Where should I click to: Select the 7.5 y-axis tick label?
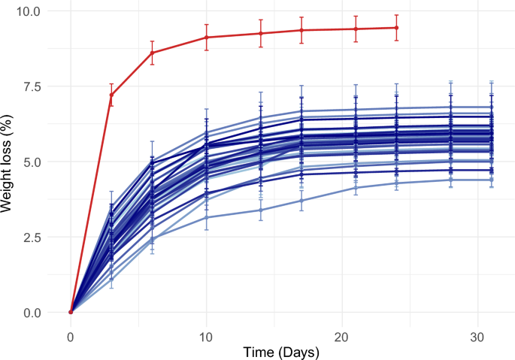(x=35, y=86)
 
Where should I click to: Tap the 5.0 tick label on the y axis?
(x=35, y=162)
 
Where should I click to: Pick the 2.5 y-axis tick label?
(x=35, y=237)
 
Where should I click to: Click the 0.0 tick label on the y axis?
(x=35, y=312)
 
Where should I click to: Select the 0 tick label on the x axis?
(x=71, y=331)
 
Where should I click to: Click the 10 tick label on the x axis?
(x=206, y=331)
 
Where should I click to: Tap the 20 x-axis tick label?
(x=342, y=331)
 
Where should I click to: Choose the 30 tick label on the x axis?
(x=477, y=331)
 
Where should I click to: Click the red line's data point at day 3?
(x=111, y=95)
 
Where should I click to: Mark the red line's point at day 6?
(x=152, y=53)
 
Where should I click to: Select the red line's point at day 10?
(x=206, y=38)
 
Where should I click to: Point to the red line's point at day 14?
(x=261, y=33)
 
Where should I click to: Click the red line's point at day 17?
(x=301, y=30)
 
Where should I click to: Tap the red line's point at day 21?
(x=356, y=29)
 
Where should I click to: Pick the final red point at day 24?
(x=396, y=28)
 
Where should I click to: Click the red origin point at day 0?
(x=71, y=312)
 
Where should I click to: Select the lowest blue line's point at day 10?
(x=206, y=217)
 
